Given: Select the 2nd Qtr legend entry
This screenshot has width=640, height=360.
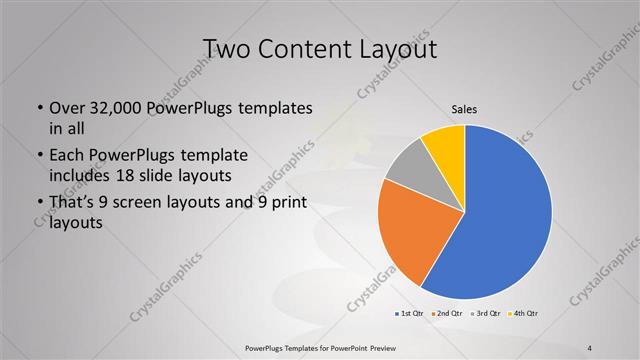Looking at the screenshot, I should (448, 314).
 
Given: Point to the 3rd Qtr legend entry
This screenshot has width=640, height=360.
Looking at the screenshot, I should (485, 314).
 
